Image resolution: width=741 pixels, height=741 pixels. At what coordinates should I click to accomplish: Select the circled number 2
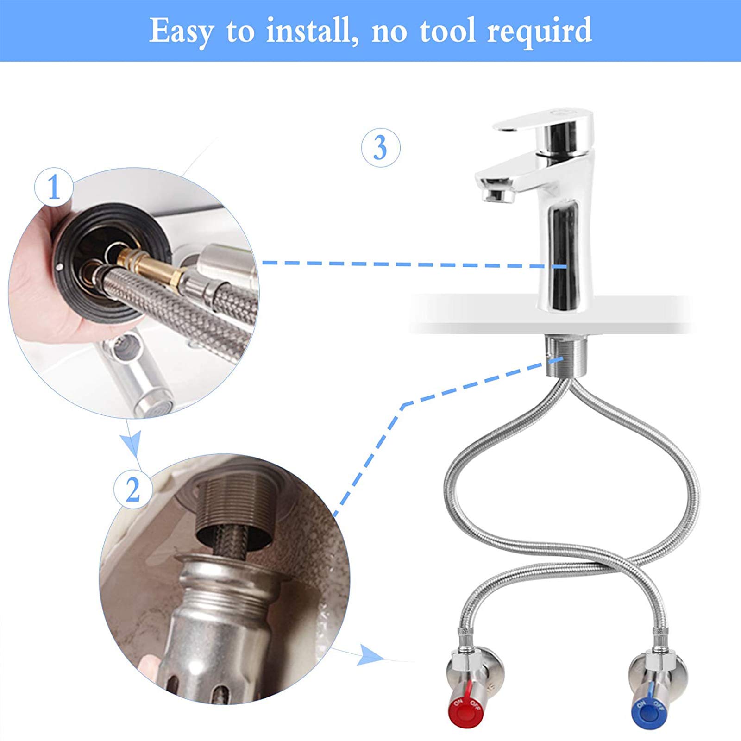133,490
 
